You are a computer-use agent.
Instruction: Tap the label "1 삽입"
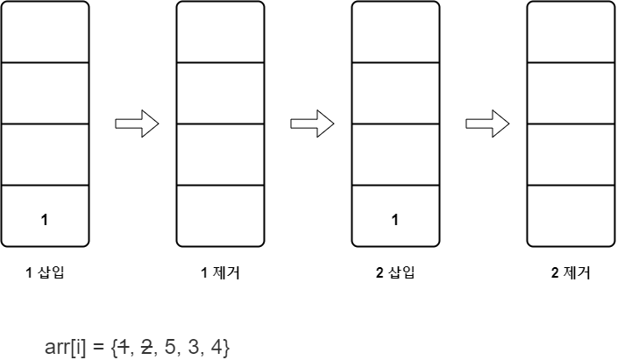[45, 272]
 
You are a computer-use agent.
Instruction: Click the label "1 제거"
[220, 272]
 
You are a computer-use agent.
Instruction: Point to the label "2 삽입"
[395, 272]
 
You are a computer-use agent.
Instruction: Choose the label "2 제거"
[571, 272]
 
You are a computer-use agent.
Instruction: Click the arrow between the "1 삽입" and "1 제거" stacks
[137, 124]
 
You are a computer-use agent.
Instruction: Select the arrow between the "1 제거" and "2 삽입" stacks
[312, 124]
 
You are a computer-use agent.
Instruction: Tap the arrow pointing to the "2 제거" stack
[487, 124]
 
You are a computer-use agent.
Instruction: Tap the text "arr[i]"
[65, 347]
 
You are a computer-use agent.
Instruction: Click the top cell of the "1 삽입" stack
[45, 32]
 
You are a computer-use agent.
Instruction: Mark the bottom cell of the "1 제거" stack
[220, 215]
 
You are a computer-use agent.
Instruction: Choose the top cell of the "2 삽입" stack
[395, 32]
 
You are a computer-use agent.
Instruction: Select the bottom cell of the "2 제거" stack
[571, 215]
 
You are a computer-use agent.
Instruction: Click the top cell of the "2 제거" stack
[571, 32]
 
